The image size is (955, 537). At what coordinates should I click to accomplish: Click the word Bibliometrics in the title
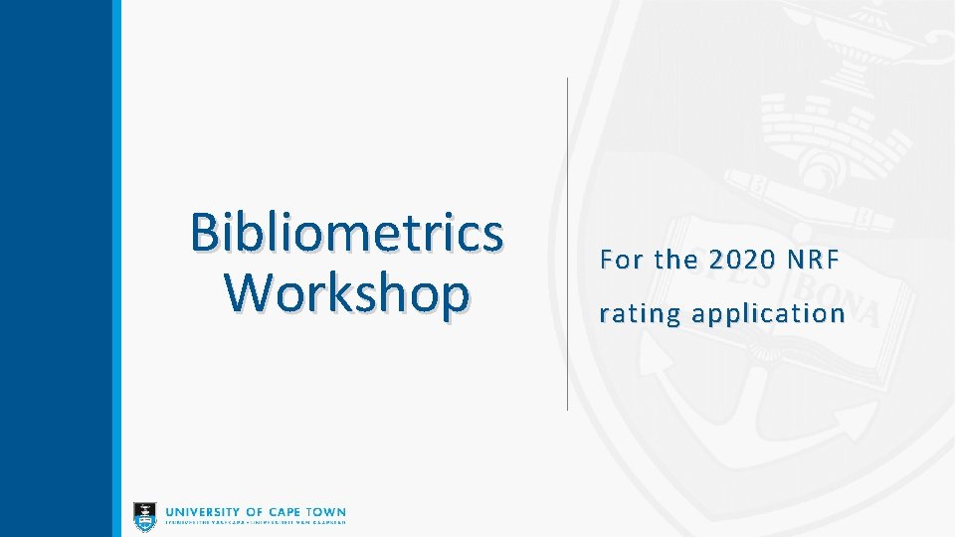click(x=346, y=233)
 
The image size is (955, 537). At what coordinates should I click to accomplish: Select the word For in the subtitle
click(x=622, y=261)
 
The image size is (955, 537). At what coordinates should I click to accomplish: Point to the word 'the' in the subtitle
click(x=676, y=261)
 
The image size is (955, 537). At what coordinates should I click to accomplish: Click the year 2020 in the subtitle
click(x=741, y=261)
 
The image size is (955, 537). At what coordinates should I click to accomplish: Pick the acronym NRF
click(x=814, y=261)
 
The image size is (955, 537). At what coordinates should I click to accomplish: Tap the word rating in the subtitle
click(x=640, y=314)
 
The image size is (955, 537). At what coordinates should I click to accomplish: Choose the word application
click(x=768, y=314)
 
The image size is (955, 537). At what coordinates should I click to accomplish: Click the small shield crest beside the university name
click(x=145, y=515)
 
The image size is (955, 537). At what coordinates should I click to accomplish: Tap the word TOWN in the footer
click(x=328, y=512)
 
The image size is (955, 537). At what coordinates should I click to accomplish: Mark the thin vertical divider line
click(x=567, y=244)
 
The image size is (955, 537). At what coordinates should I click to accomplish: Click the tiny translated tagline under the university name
click(x=256, y=522)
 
